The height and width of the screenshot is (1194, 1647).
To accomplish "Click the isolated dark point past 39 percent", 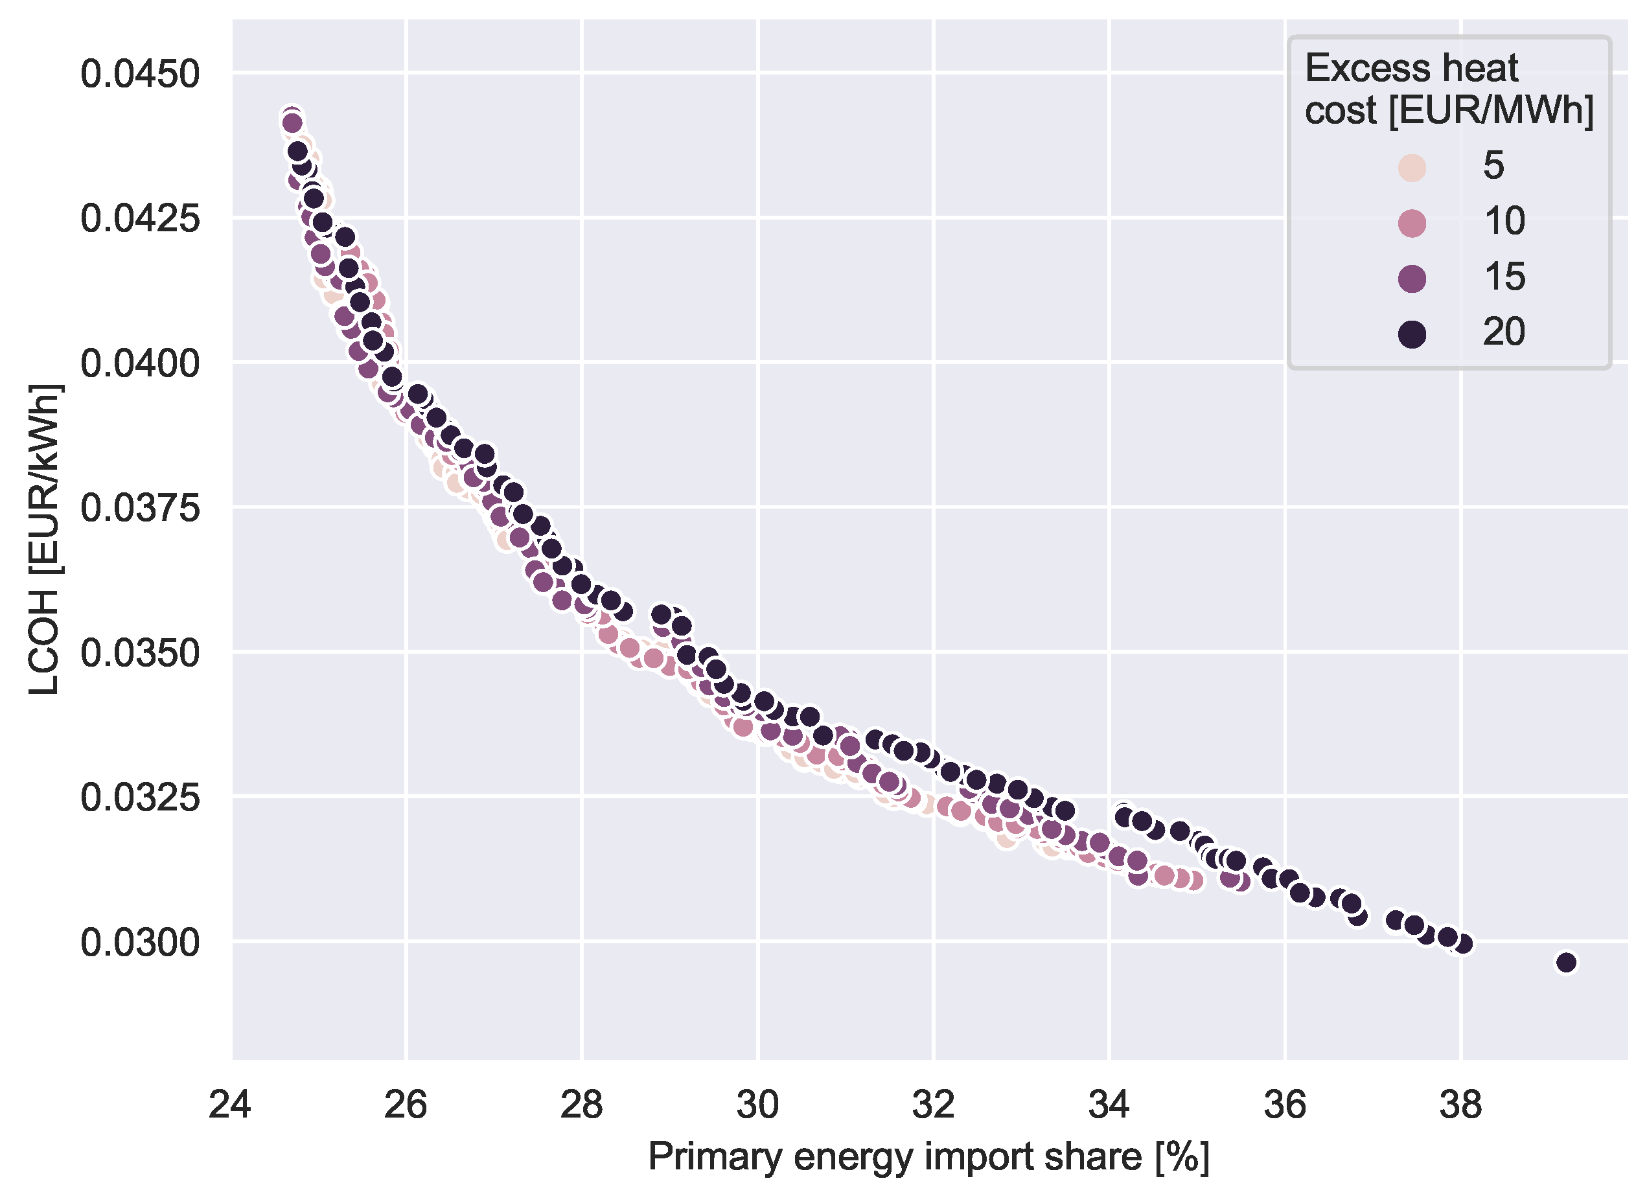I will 1567,962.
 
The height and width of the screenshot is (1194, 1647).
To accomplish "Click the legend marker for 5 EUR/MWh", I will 1412,167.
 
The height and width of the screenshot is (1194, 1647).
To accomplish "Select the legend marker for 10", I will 1412,222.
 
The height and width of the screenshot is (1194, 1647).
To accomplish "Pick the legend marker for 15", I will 1412,278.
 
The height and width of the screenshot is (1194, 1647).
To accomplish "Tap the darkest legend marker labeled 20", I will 1412,334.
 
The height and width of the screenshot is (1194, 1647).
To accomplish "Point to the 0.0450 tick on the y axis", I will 139,74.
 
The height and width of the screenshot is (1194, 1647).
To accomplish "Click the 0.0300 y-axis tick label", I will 139,943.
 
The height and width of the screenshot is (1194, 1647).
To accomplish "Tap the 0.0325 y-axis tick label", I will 139,798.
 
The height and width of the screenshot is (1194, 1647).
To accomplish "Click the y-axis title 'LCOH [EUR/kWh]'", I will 45,539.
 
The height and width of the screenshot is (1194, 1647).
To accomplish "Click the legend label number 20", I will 1503,332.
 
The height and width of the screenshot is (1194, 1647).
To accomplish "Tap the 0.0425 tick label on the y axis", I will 139,218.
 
